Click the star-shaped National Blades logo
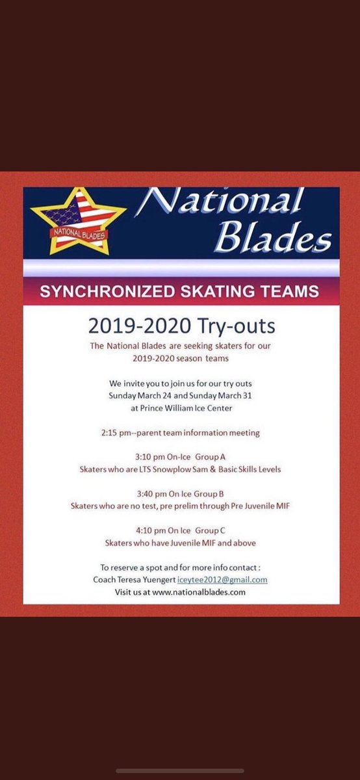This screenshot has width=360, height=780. coord(78,220)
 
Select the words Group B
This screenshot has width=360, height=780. coord(216,493)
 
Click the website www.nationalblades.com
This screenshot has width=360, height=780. coord(199,592)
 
